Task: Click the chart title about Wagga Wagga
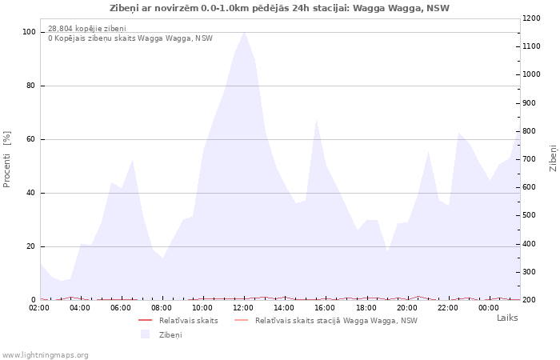(x=279, y=8)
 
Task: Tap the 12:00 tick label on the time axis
(x=243, y=308)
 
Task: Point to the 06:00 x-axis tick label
(x=121, y=308)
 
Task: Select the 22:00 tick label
(x=447, y=308)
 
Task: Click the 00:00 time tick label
(x=488, y=308)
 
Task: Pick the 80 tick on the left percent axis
(x=30, y=86)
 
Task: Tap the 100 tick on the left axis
(x=29, y=32)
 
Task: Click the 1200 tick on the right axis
(x=533, y=18)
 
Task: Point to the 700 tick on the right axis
(x=531, y=159)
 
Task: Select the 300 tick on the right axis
(x=531, y=272)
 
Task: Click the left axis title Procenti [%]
(x=7, y=159)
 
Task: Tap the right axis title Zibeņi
(x=553, y=158)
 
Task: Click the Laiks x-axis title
(x=507, y=318)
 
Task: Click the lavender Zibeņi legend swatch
(x=145, y=334)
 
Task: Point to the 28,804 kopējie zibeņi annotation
(x=86, y=29)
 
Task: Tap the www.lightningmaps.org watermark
(x=46, y=355)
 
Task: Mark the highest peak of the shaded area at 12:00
(x=244, y=32)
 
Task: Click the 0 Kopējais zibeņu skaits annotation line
(x=130, y=38)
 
